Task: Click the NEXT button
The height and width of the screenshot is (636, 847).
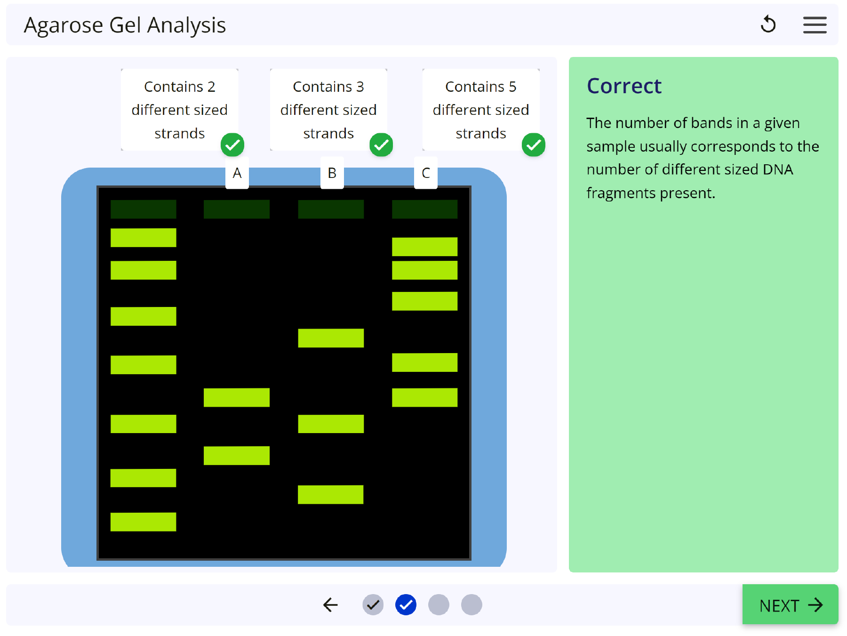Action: [x=790, y=605]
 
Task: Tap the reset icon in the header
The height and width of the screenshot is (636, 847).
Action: [x=768, y=24]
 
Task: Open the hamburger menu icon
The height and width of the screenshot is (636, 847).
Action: [x=815, y=25]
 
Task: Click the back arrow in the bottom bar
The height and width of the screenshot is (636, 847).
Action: [x=330, y=605]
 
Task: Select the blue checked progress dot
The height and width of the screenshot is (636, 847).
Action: [x=406, y=605]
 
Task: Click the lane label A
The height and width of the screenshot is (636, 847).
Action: [x=237, y=173]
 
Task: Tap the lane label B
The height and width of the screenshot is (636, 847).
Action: [x=332, y=173]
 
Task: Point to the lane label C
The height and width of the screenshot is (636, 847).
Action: [x=425, y=173]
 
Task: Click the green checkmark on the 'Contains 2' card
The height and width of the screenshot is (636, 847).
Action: [x=232, y=145]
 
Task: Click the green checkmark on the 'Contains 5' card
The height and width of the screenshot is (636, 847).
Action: [x=534, y=145]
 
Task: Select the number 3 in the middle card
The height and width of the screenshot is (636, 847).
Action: [x=360, y=87]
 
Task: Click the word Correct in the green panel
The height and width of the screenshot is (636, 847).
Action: [x=624, y=86]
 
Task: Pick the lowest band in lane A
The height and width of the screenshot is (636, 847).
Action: [x=236, y=456]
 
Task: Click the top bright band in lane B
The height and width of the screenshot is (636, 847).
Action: [x=331, y=338]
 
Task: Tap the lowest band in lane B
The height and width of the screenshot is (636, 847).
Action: [x=330, y=495]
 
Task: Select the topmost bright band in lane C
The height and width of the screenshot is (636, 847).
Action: [x=424, y=247]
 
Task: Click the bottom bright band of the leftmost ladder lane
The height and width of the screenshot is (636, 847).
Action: [x=143, y=522]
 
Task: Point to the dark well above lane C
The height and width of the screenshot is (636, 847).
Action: [x=424, y=209]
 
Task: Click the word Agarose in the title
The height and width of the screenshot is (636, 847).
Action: [x=63, y=25]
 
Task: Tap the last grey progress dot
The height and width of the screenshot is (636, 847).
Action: [x=471, y=605]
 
